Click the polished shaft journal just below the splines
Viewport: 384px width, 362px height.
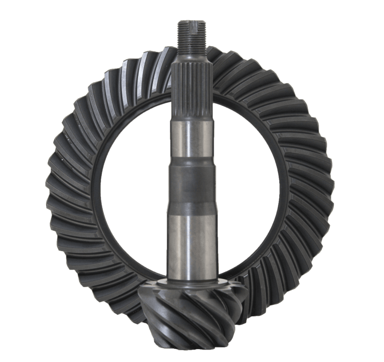click(x=191, y=139)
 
